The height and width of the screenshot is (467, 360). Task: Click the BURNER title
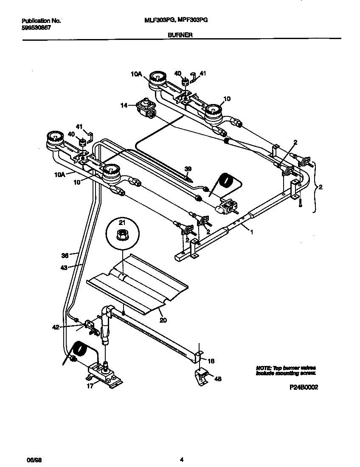click(x=180, y=36)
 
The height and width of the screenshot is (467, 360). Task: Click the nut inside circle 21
click(x=123, y=234)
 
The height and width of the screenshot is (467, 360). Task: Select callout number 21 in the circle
click(x=122, y=222)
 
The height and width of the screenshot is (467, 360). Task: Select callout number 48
click(x=218, y=379)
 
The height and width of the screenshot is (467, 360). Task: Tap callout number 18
click(x=211, y=360)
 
